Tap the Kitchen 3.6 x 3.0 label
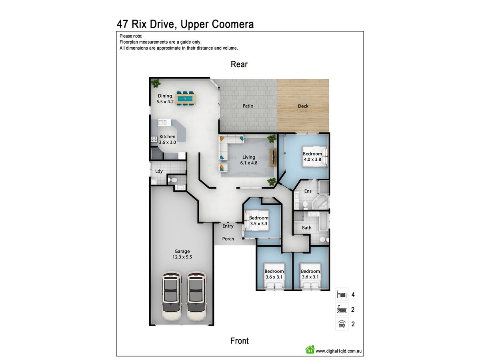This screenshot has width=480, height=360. click(x=167, y=139)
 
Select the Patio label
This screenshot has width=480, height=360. click(x=248, y=106)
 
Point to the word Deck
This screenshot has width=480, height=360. click(x=303, y=106)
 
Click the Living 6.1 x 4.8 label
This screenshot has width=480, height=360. click(x=249, y=160)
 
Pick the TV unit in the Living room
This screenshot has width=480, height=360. click(x=273, y=157)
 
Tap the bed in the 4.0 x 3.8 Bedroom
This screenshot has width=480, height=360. click(x=315, y=156)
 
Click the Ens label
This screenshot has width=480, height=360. click(x=308, y=191)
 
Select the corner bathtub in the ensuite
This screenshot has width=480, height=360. click(x=320, y=202)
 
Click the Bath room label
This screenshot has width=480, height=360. click(x=306, y=228)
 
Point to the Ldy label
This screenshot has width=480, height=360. click(x=159, y=171)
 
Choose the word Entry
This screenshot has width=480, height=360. click(x=228, y=226)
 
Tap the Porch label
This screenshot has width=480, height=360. click(x=228, y=239)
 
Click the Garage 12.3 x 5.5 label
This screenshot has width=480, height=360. click(x=182, y=254)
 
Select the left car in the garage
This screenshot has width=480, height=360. click(x=172, y=296)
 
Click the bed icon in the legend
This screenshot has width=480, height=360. click(x=342, y=295)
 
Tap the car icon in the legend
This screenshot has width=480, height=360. click(x=342, y=324)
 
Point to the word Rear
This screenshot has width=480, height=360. click(x=239, y=64)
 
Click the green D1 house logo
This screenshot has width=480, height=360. click(x=310, y=349)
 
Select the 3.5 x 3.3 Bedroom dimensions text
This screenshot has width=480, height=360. click(x=259, y=224)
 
